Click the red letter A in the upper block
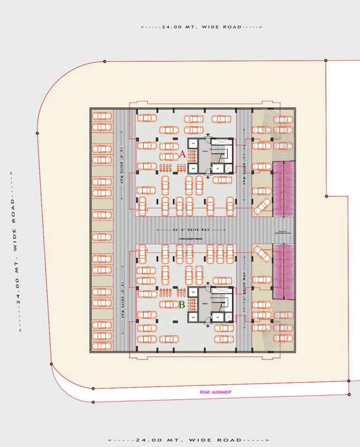point(182,154)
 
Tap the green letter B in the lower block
point(182,304)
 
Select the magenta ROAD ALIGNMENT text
point(216,392)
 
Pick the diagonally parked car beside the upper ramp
point(262,206)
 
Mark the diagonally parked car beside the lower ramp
point(262,254)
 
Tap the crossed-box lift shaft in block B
point(228,317)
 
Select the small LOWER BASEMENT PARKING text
point(186,237)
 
